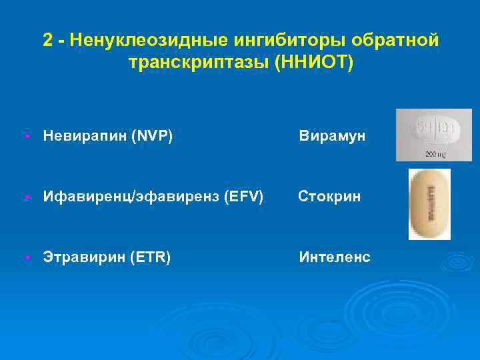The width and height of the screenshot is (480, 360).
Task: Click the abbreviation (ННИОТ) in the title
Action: pos(319,63)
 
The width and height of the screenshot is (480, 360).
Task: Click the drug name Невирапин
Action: pos(85,137)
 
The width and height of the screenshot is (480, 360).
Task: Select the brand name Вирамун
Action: pos(332,137)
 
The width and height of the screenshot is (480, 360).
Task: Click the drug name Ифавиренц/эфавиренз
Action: pos(131,197)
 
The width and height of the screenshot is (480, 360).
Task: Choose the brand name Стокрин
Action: pos(329,197)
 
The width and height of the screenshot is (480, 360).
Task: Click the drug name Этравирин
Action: pos(84,257)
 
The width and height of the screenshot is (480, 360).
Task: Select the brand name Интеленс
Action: pos(335,257)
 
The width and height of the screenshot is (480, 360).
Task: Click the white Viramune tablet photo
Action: pos(433,129)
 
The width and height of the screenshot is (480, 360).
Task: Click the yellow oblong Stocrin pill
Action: pos(429,203)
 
